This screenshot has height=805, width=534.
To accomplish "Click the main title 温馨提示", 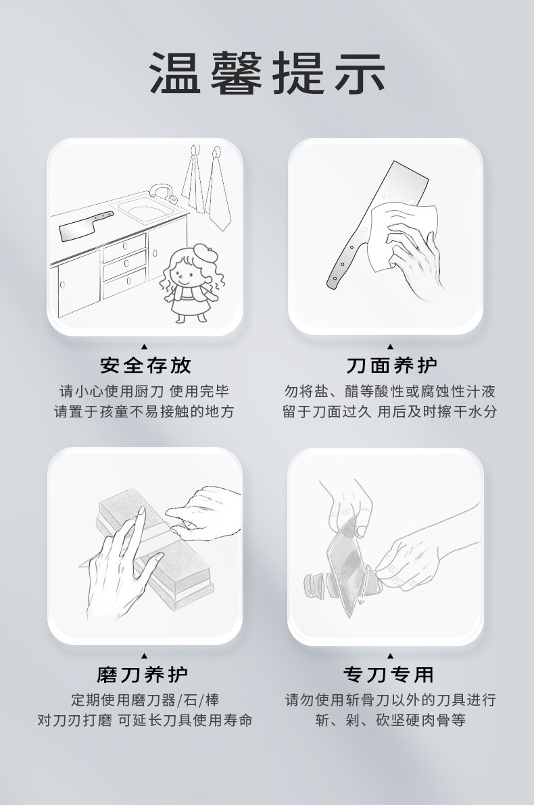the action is [267, 73].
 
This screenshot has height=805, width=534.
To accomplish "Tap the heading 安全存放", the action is [145, 365].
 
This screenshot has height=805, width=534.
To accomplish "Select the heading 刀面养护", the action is [391, 365].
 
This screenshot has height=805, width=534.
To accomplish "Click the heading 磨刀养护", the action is [143, 674].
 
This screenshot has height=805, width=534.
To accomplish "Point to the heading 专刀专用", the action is [389, 674].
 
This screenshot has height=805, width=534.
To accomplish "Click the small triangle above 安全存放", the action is [145, 346].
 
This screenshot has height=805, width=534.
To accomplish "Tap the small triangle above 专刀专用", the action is [390, 655].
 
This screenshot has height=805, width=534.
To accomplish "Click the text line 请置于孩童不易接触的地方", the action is [145, 412].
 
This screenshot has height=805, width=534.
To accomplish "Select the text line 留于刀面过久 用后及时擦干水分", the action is [390, 412].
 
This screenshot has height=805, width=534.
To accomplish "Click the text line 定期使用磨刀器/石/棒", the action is [145, 700].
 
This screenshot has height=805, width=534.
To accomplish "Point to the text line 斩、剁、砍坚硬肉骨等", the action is [391, 721].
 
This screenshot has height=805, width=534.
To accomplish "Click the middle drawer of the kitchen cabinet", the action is [124, 266].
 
